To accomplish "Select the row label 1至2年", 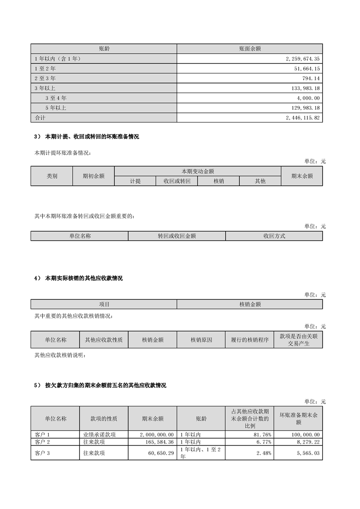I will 45,69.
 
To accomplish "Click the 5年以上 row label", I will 56,108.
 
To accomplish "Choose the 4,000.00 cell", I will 307,98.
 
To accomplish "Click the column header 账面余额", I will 250,49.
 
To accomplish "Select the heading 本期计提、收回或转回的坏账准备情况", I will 92,137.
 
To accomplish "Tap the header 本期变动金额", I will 197,171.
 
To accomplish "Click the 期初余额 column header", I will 94,176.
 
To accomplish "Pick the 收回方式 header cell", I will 274,236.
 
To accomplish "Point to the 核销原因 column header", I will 201,339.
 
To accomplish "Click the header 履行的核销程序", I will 250,339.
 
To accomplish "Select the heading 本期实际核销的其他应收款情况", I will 84,278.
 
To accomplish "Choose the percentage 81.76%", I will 263,435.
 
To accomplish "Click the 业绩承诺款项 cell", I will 99,435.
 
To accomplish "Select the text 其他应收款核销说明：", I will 60,355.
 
